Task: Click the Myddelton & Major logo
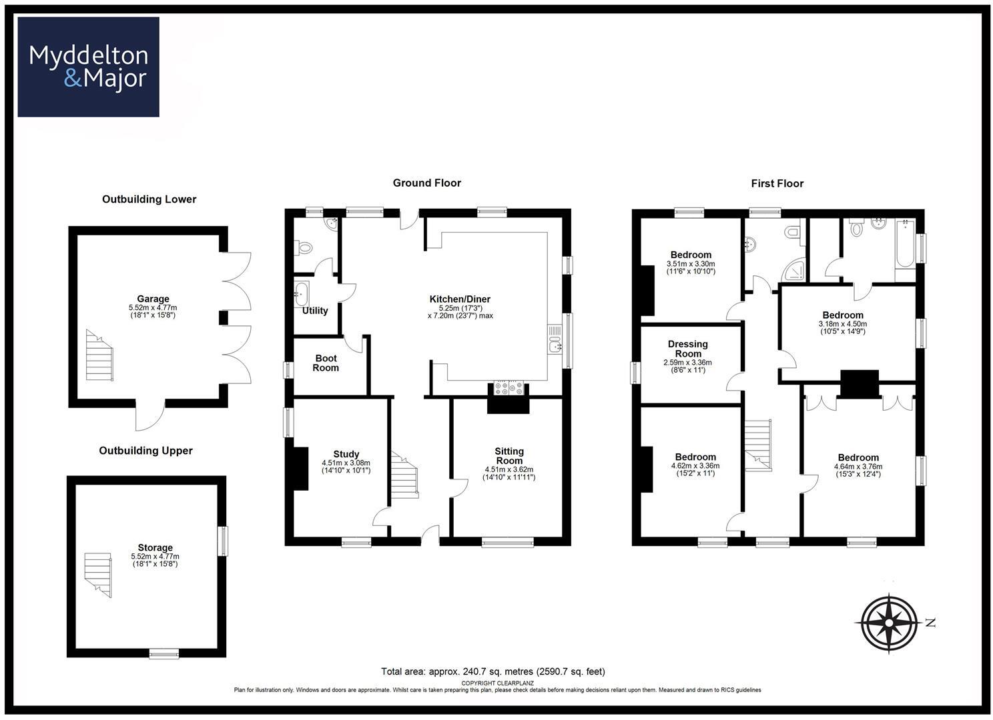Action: pos(88,67)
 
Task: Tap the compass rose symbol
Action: pos(889,622)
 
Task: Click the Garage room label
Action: pos(153,299)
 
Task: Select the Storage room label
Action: pos(155,548)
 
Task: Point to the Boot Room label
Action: pos(326,363)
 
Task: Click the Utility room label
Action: pos(315,311)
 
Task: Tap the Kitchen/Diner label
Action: pos(460,299)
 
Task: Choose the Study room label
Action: pos(346,455)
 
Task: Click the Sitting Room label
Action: pos(509,456)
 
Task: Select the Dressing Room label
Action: pos(687,349)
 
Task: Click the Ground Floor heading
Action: pos(426,183)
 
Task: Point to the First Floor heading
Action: pos(777,183)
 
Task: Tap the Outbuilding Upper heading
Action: pos(145,451)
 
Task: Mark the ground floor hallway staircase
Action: pos(404,475)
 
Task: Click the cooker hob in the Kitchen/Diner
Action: pos(509,388)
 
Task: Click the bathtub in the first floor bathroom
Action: pos(905,249)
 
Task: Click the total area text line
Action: pos(492,671)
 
